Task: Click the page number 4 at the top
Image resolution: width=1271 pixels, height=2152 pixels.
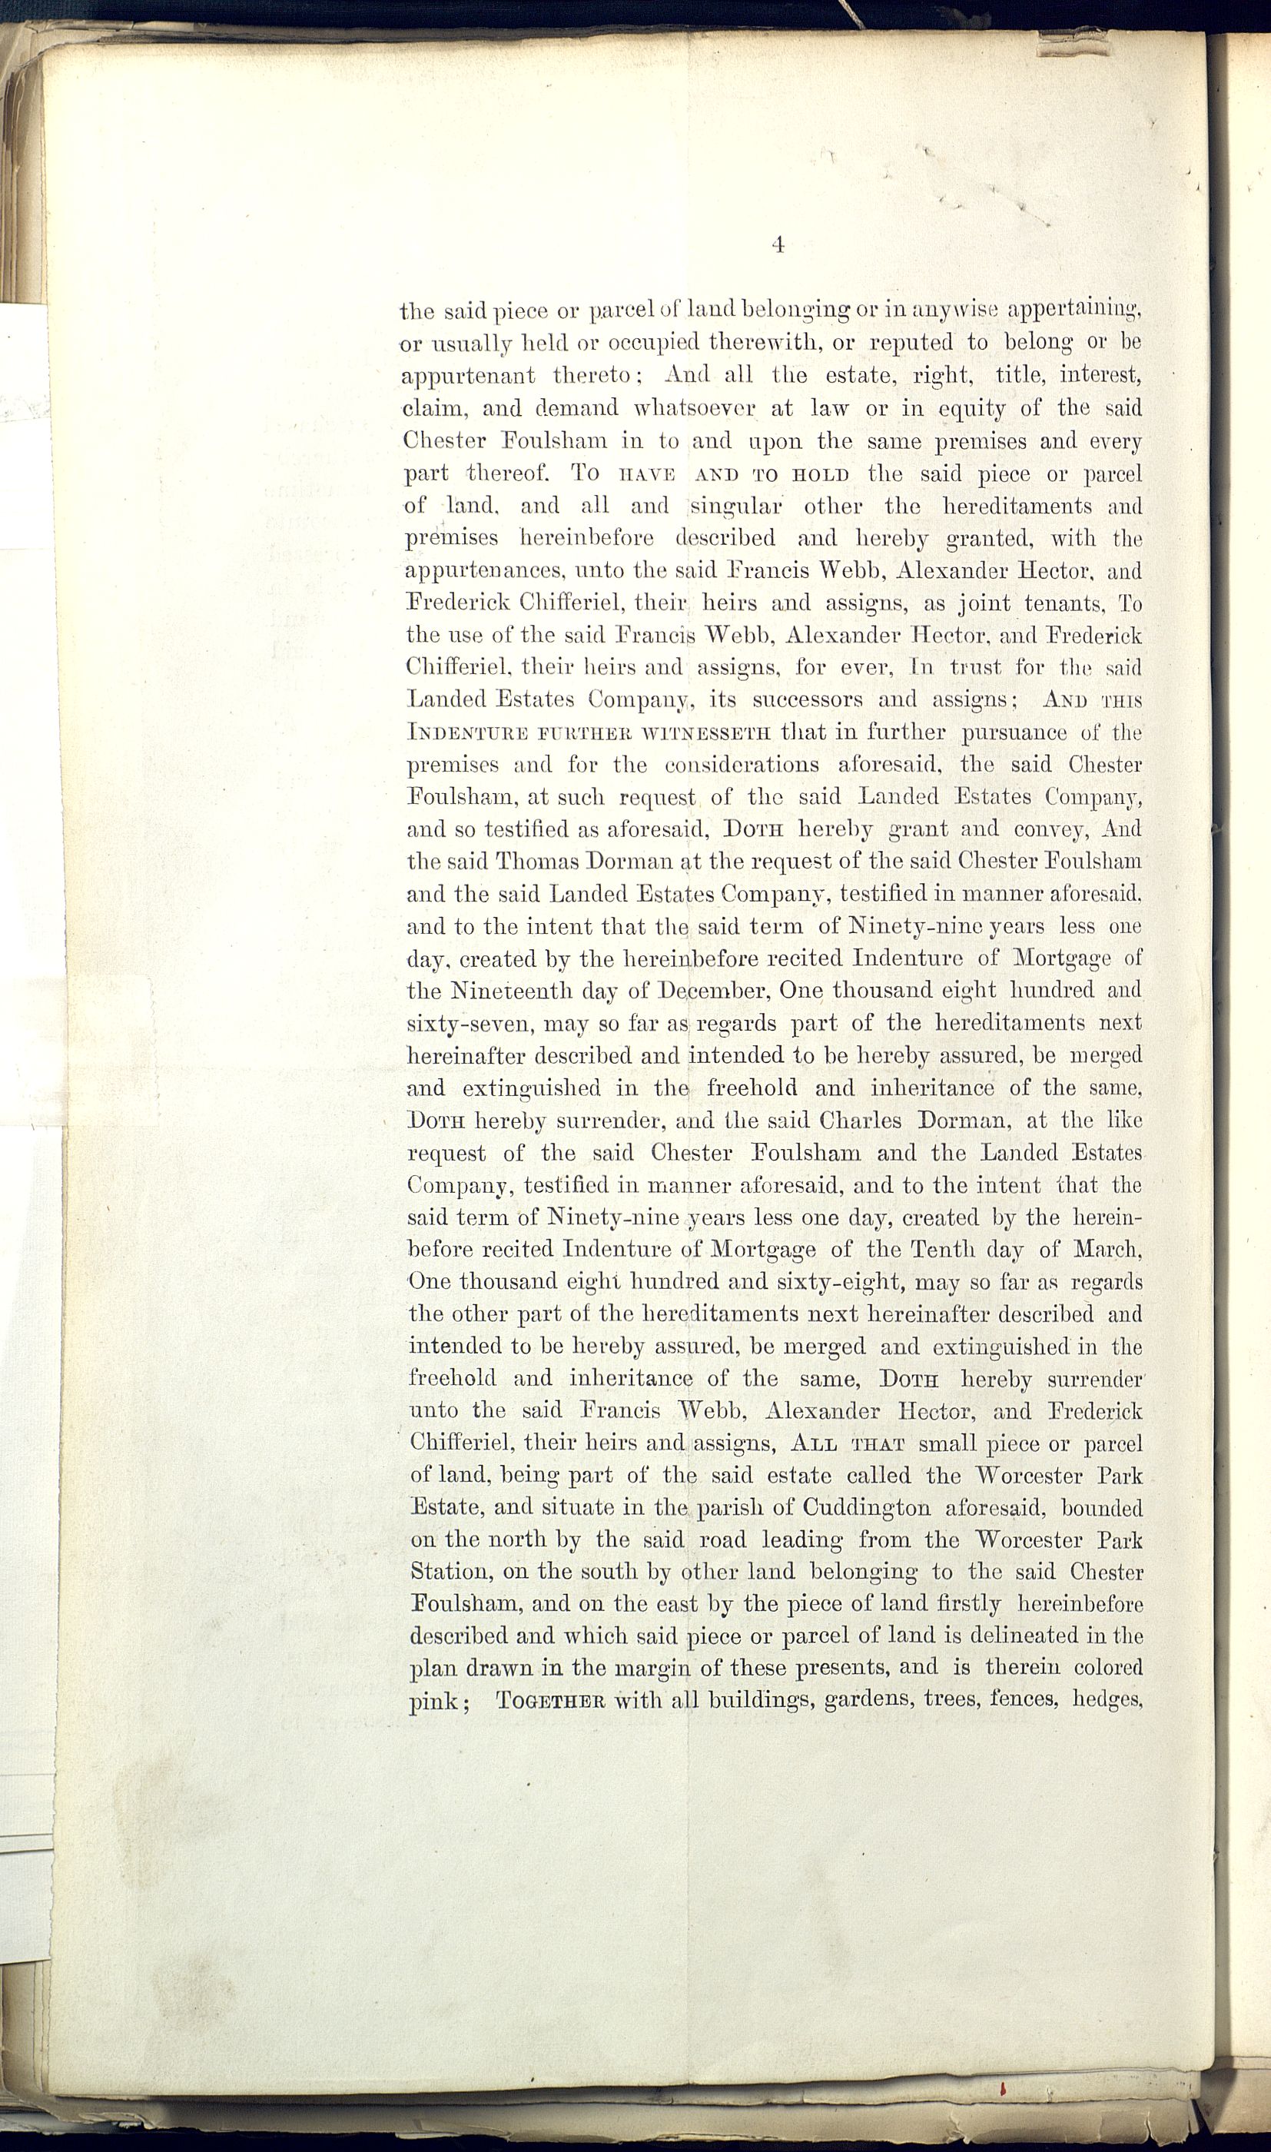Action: point(778,245)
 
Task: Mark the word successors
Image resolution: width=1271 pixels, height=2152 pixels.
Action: point(807,699)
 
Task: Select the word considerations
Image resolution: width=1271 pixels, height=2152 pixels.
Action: point(741,765)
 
